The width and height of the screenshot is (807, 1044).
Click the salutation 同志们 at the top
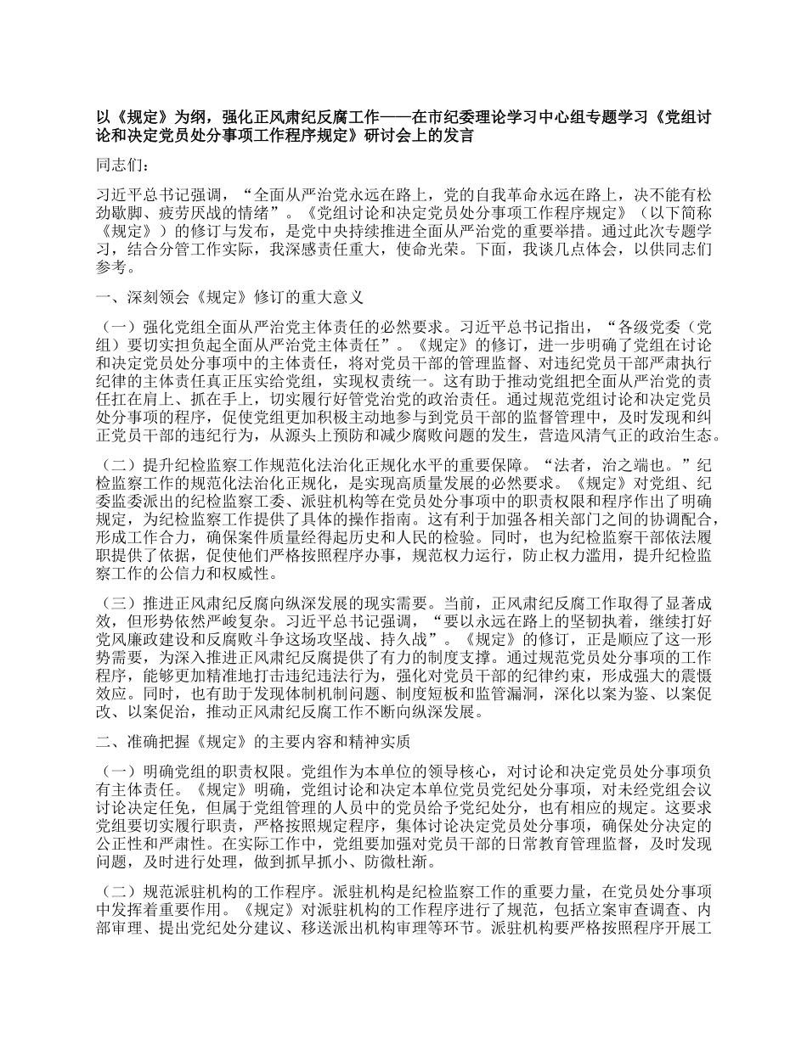pyautogui.click(x=121, y=166)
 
